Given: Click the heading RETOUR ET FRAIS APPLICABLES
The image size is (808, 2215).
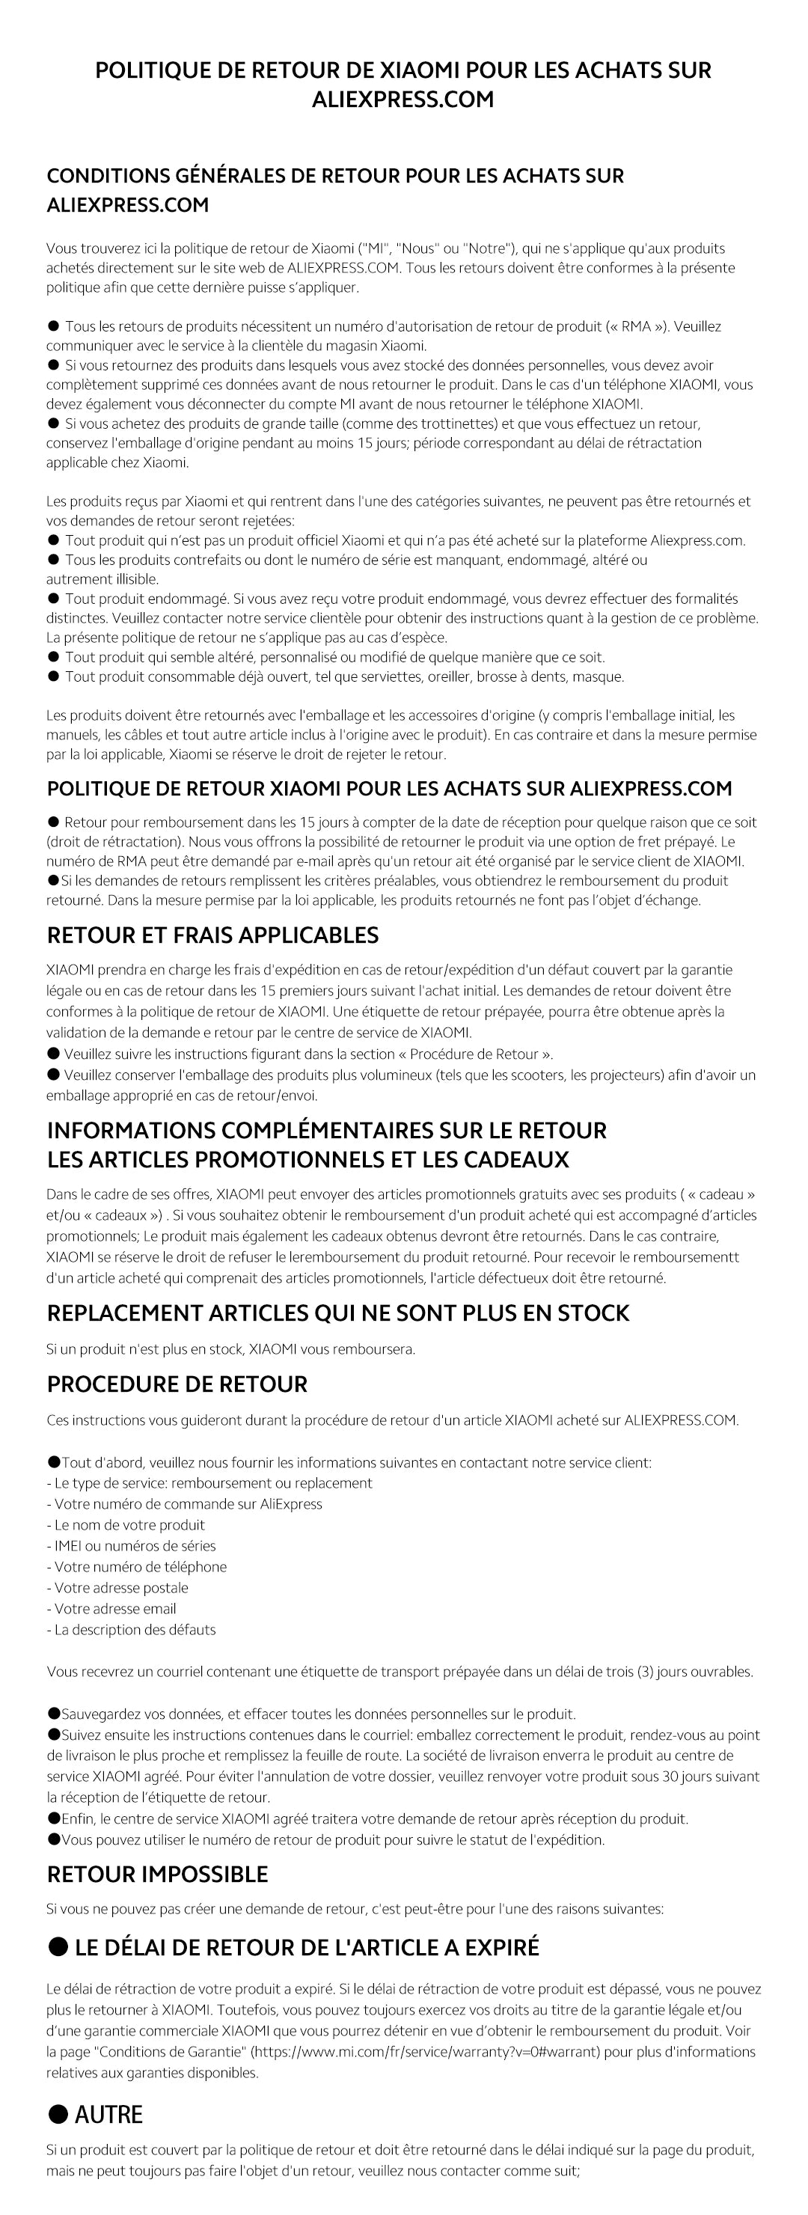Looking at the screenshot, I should tap(212, 935).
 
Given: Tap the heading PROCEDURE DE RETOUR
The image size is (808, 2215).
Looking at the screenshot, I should tap(177, 1384).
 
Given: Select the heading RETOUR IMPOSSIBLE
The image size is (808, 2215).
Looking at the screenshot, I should tap(157, 1874).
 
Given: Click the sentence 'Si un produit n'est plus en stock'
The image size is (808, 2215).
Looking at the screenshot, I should tap(230, 1349).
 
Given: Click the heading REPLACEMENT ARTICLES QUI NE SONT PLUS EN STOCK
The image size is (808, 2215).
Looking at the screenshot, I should tap(338, 1313).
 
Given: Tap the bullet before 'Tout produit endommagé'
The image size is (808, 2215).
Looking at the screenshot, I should tap(53, 599).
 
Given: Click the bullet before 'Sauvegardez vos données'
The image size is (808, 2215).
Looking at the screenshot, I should tap(53, 1714).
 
